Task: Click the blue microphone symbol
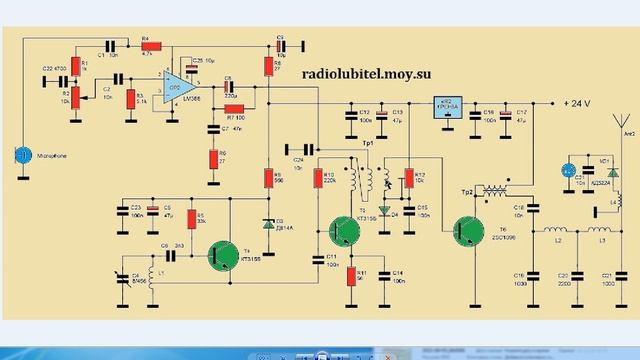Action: pos(21,155)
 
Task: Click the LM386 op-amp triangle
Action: pos(178,86)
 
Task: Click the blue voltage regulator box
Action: pos(442,107)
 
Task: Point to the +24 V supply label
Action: pos(579,103)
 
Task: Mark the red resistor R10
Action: pos(317,180)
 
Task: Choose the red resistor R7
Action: pos(233,108)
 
